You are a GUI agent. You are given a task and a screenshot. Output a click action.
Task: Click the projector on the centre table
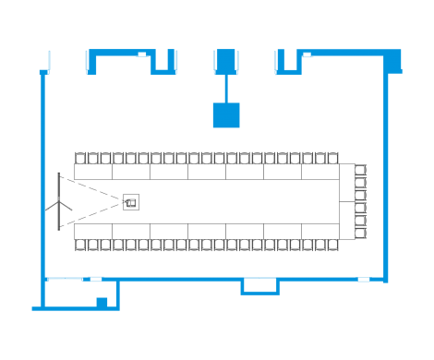[x=131, y=200]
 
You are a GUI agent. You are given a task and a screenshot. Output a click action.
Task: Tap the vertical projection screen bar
[x=58, y=200]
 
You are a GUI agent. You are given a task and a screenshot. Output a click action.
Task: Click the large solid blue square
[x=226, y=115]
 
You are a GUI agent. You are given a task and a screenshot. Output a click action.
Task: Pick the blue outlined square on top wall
[x=226, y=62]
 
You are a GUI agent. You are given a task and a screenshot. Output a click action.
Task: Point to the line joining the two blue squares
[x=226, y=89]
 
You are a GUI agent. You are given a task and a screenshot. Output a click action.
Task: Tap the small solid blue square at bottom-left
[x=102, y=302]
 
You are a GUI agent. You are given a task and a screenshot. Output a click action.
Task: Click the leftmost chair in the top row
[x=80, y=158]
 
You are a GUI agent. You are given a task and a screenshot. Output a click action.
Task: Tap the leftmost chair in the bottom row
[x=80, y=245]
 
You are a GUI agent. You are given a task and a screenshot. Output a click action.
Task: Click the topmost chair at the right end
[x=361, y=169]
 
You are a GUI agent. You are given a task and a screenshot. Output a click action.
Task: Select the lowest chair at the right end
[x=361, y=234]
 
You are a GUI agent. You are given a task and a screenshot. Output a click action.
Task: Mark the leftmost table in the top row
[x=93, y=172]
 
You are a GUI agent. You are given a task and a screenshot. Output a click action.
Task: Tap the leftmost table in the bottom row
[x=93, y=231]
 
